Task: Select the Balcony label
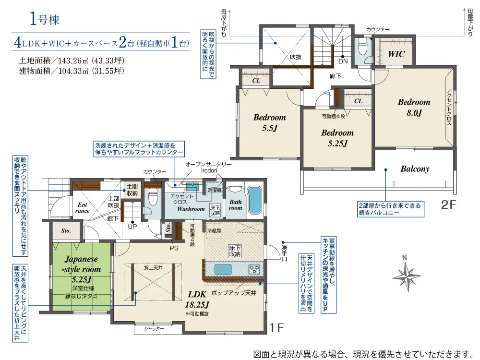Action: coord(415,169)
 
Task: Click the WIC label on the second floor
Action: coord(396,54)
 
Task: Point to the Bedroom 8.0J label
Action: coord(414,108)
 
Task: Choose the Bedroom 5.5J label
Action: coord(269,123)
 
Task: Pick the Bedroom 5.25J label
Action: coord(337,138)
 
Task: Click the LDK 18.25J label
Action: coord(197,300)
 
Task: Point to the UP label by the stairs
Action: coord(132,227)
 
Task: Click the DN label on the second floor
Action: coord(343,61)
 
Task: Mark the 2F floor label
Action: coord(448,205)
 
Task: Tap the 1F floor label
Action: coord(277,328)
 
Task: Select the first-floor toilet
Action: coord(152,196)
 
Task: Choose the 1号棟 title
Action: coord(45,19)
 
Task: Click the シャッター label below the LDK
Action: coord(154,329)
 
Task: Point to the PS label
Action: coord(174,248)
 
